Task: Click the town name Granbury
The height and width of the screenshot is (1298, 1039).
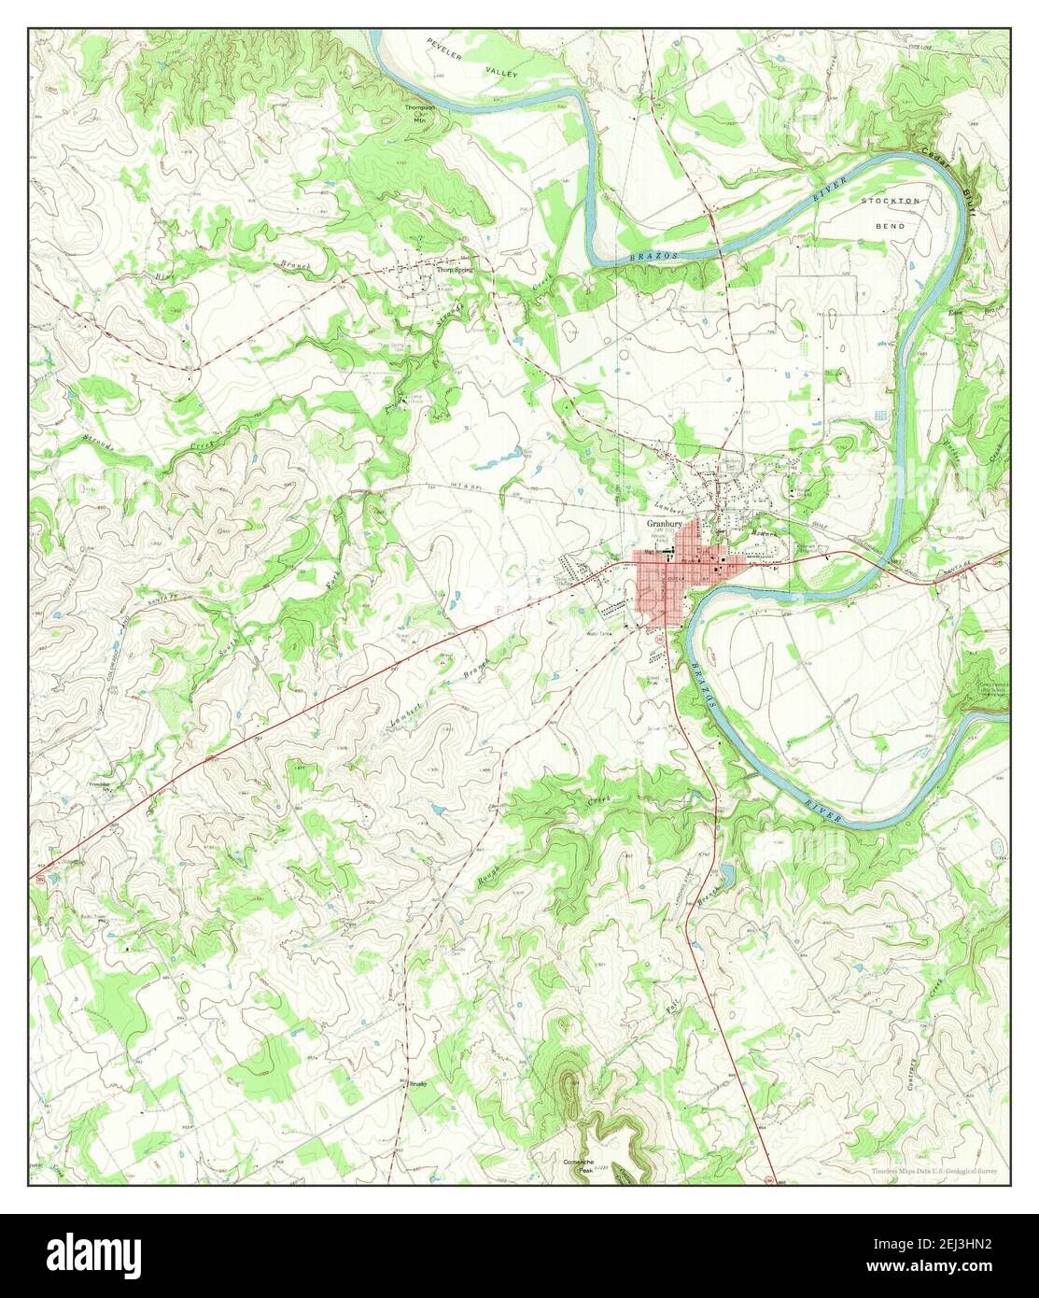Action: (x=666, y=525)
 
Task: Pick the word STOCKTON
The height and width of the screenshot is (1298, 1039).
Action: (x=892, y=201)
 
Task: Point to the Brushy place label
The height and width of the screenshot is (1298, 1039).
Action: (x=415, y=1085)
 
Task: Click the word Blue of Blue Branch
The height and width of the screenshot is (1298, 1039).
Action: (x=165, y=275)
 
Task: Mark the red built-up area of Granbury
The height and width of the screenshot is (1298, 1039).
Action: (x=665, y=584)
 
